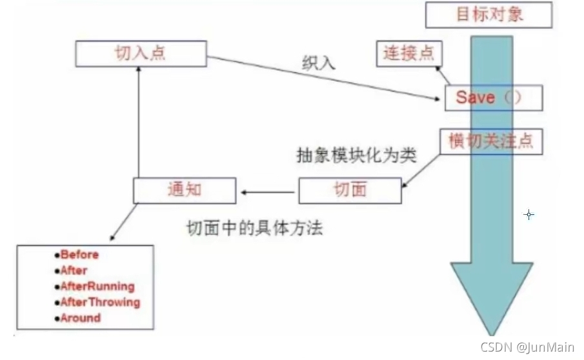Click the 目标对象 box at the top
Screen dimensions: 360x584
(489, 15)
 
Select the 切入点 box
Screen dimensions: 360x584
(141, 54)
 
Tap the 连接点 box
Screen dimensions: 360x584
(408, 54)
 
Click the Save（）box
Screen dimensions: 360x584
(493, 97)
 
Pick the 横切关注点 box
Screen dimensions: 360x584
(491, 141)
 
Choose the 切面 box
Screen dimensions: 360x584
(350, 190)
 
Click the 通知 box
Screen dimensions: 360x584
(185, 190)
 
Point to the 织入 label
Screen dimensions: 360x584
(320, 64)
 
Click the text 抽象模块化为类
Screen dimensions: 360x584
(356, 156)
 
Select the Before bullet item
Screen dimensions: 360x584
(79, 255)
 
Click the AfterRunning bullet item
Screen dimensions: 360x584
(97, 286)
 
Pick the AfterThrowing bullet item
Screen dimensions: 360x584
(99, 302)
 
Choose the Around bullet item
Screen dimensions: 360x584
(80, 318)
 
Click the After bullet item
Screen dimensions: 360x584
(74, 270)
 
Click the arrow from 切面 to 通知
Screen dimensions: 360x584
(268, 191)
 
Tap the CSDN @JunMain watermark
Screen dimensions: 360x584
(527, 348)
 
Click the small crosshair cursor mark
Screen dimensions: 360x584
(529, 214)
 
